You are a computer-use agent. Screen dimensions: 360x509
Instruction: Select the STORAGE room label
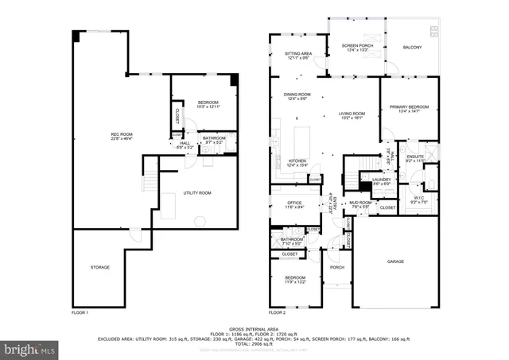coord(99,267)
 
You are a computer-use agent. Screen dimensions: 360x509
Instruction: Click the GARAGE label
coord(395,261)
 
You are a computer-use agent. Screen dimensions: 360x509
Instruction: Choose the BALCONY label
coord(412,48)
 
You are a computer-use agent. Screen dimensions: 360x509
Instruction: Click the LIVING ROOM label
coord(352,115)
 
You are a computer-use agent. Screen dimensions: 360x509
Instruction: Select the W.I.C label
coord(420,199)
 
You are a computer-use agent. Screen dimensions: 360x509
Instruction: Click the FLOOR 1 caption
coord(80,313)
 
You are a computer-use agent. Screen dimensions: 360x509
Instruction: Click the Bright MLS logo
coord(31,348)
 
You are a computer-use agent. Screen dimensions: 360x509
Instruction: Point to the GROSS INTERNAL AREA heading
coord(254,327)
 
